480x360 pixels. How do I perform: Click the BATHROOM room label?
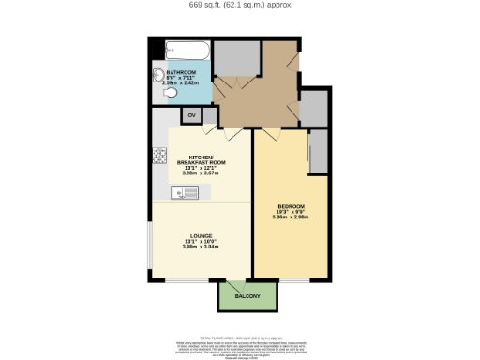pyautogui.click(x=180, y=71)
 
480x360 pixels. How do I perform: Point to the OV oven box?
pyautogui.click(x=191, y=115)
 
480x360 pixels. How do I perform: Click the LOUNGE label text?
pyautogui.click(x=200, y=235)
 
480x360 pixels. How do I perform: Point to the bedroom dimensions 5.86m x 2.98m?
pyautogui.click(x=291, y=217)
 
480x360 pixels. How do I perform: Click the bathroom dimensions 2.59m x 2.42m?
pyautogui.click(x=180, y=82)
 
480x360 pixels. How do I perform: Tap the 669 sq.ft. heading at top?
pyautogui.click(x=240, y=5)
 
